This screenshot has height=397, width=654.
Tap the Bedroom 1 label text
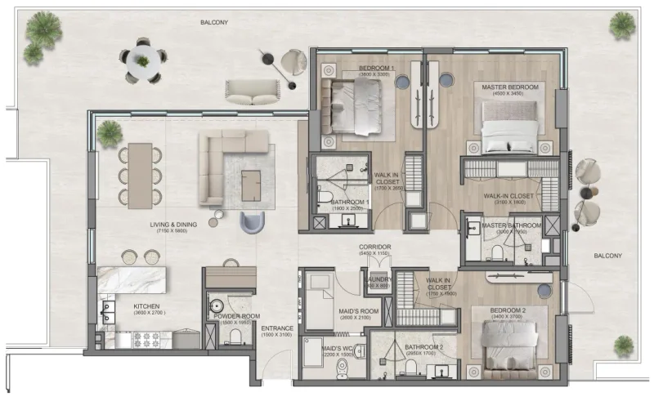tap(377, 68)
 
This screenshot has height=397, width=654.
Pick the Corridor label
tap(375, 247)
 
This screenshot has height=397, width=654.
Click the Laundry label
tap(378, 279)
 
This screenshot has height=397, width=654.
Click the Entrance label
tap(278, 329)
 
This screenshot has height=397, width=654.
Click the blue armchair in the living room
tap(253, 221)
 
